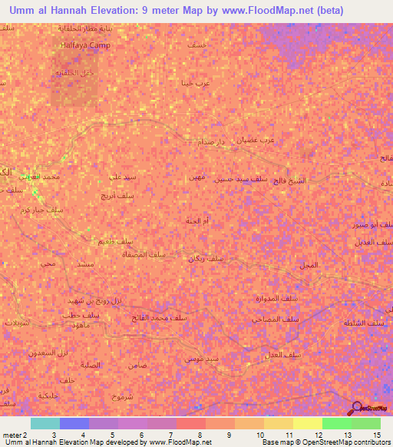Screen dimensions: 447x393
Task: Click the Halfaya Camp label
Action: pyautogui.click(x=85, y=45)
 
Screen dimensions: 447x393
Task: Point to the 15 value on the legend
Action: pyautogui.click(x=376, y=435)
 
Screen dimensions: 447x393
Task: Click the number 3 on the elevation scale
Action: pyautogui.click(x=54, y=435)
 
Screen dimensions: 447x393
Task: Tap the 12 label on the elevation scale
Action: pyautogui.click(x=318, y=435)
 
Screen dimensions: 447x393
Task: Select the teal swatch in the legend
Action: pyautogui.click(x=45, y=423)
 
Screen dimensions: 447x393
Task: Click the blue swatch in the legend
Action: pyautogui.click(x=74, y=423)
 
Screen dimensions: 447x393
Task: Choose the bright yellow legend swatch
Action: pyautogui.click(x=307, y=423)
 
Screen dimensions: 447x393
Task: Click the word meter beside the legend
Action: pyautogui.click(x=11, y=435)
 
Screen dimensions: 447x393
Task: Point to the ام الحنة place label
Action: pyautogui.click(x=196, y=221)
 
